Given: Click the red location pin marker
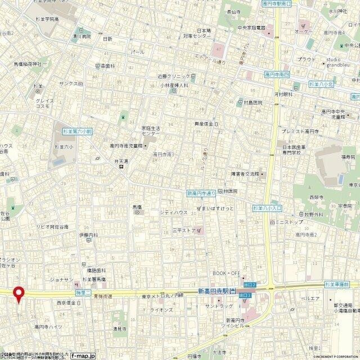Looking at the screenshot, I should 19,293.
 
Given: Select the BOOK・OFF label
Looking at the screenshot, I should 226,273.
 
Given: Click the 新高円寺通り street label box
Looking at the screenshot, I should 201,193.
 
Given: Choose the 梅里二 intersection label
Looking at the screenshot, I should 82,292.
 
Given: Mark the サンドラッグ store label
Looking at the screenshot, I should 219,306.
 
